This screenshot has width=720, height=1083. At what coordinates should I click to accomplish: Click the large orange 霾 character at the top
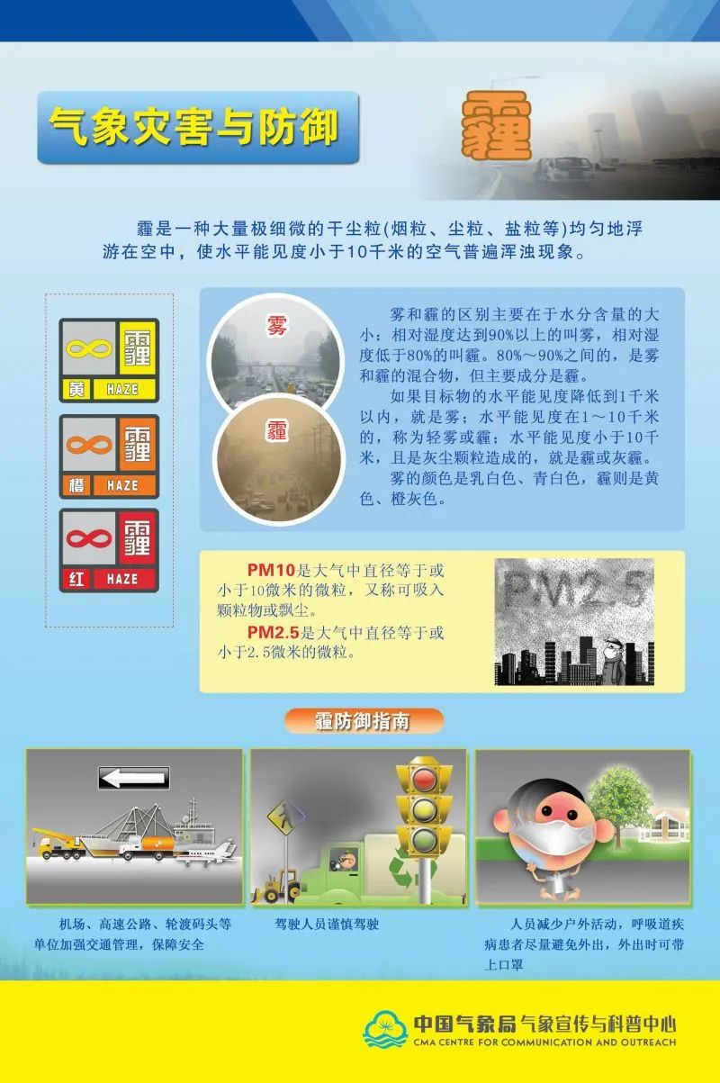(496, 126)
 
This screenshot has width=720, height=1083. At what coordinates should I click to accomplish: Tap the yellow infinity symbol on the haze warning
(89, 348)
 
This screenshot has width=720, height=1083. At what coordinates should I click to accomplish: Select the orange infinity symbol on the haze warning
(89, 445)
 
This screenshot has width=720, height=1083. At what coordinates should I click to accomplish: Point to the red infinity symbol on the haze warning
(89, 538)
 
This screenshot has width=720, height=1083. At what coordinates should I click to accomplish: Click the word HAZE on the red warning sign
(122, 579)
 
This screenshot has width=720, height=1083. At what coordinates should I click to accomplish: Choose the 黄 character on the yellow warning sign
(76, 389)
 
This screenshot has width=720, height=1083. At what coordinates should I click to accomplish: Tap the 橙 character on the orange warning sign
(76, 485)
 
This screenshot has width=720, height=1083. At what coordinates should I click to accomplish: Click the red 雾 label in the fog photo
(277, 325)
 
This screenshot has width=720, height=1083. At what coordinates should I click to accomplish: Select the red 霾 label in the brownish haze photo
(277, 429)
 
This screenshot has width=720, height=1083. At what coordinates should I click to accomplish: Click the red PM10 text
(271, 570)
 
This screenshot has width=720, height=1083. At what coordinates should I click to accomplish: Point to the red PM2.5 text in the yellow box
(274, 632)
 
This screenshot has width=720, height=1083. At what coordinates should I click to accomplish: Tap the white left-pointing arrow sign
(134, 778)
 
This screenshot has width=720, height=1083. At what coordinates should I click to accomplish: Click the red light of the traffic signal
(424, 779)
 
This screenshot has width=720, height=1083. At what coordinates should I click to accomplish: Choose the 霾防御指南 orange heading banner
(364, 721)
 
